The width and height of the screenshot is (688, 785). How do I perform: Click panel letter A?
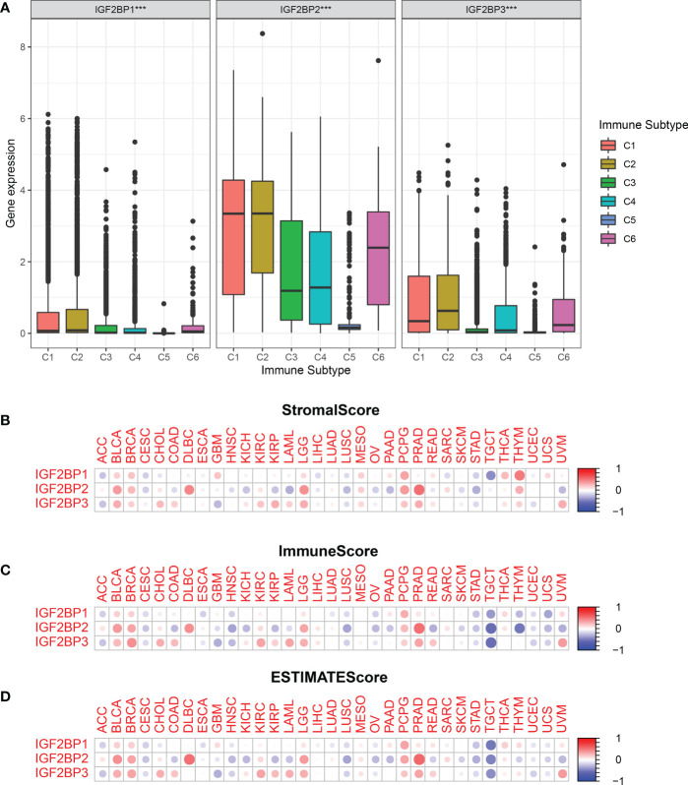(x=7, y=7)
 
